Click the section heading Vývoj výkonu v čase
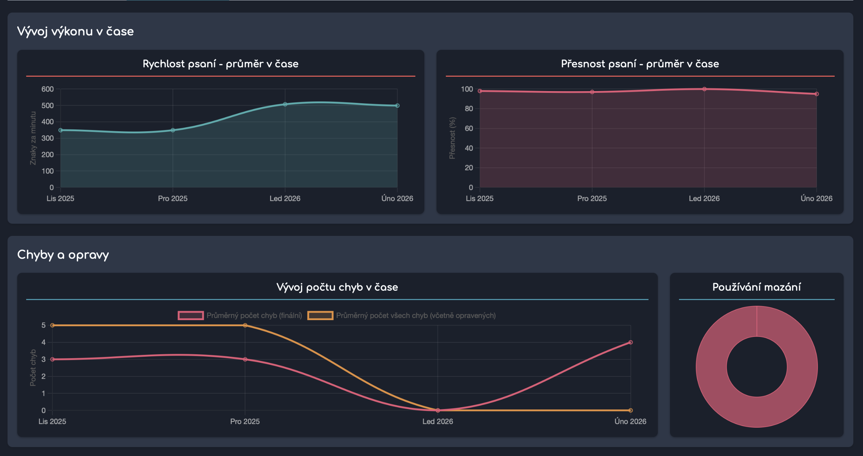point(75,32)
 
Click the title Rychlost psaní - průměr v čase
point(220,64)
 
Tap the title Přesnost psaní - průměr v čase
point(640,64)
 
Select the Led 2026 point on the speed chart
point(285,104)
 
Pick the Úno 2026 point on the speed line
point(397,106)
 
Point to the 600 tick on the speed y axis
point(47,89)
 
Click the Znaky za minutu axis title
point(33,138)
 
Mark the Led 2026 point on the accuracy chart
point(704,89)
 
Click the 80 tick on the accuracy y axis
point(468,109)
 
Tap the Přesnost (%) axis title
point(452,138)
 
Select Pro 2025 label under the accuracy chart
point(592,198)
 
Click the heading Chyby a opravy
point(63,255)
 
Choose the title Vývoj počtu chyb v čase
point(337,287)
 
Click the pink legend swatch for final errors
point(191,315)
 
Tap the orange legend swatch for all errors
point(320,315)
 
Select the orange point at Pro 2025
point(245,325)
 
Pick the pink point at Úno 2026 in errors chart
point(630,342)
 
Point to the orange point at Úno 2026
point(630,410)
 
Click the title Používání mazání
point(756,287)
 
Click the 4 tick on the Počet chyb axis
point(43,342)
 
